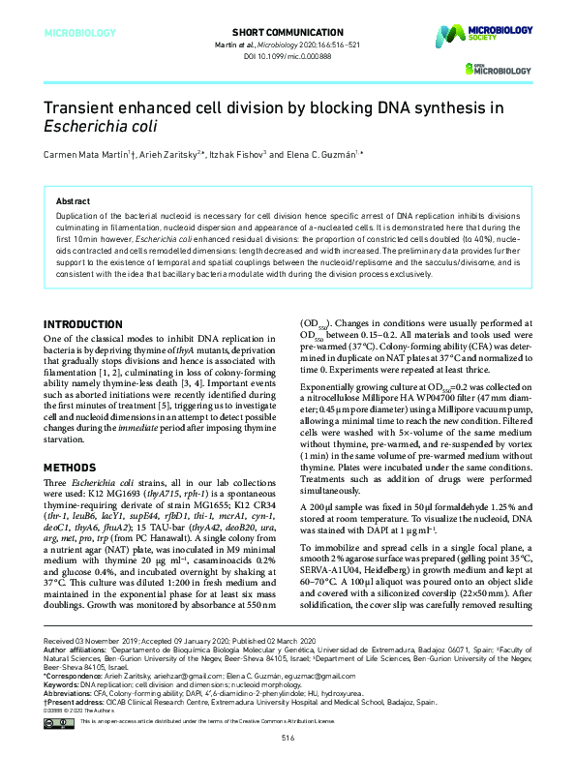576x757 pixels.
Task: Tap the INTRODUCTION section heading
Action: click(x=96, y=322)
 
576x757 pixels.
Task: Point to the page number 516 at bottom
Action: click(x=288, y=739)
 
